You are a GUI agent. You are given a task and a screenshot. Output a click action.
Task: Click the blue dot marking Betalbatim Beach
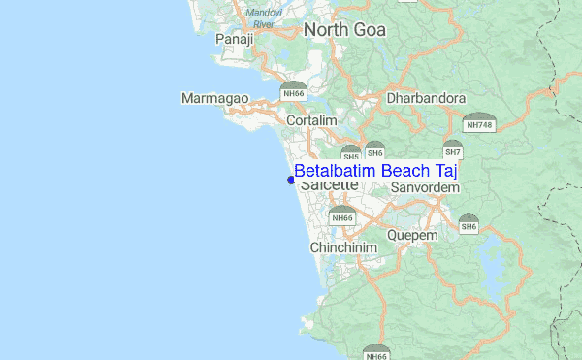(x=291, y=179)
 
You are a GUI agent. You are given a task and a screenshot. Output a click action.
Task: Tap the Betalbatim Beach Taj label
(x=375, y=171)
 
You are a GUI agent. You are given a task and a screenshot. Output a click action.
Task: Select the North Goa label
(x=344, y=30)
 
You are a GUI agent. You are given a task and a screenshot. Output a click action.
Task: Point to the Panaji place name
(x=234, y=39)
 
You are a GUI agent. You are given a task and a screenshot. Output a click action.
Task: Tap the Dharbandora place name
(x=426, y=98)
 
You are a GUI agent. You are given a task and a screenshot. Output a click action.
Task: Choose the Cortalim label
(x=311, y=119)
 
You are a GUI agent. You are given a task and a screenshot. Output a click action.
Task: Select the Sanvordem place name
(x=422, y=187)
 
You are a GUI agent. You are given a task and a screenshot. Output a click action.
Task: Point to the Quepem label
(x=412, y=235)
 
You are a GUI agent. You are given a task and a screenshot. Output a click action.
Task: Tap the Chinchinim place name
(x=343, y=248)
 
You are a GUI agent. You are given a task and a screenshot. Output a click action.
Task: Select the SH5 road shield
(x=350, y=153)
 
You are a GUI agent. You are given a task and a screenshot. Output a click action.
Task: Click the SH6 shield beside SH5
(x=375, y=150)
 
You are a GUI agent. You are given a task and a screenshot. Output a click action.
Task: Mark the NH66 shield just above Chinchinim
(x=341, y=215)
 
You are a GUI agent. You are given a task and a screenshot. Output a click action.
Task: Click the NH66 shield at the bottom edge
(x=377, y=353)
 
